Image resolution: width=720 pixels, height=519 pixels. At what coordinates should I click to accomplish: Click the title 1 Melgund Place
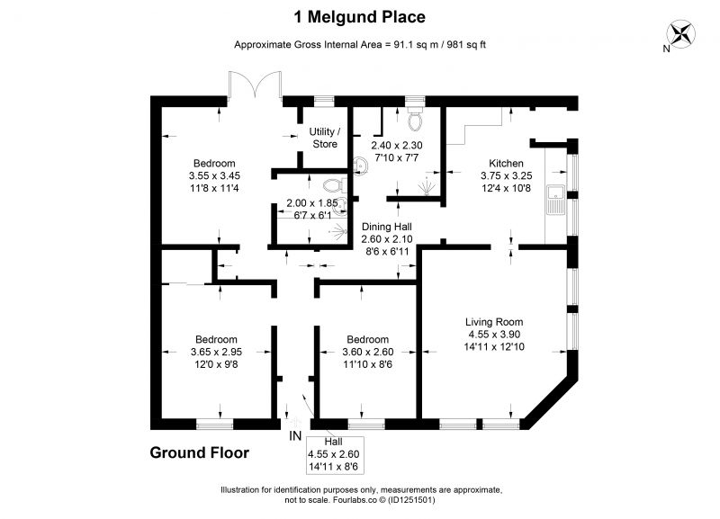359,17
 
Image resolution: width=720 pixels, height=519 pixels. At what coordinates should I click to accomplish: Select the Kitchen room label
506,164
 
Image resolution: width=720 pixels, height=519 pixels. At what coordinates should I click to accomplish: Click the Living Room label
494,322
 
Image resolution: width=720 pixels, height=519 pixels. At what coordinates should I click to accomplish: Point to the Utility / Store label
325,138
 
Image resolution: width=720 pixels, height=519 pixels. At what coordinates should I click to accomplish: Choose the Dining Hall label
387,227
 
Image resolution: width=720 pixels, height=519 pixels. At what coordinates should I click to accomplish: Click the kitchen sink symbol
556,200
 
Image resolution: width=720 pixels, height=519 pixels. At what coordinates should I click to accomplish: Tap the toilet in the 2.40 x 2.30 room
415,120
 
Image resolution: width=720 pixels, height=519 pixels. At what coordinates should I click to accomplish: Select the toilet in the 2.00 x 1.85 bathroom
335,186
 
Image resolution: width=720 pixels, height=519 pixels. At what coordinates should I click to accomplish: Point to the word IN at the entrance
295,436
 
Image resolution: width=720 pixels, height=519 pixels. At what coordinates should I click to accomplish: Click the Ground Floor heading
199,453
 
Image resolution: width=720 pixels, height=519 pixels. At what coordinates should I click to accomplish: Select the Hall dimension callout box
334,455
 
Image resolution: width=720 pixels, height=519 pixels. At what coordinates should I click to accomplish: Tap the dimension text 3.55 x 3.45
214,175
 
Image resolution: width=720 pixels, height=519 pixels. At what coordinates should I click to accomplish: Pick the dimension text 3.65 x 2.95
216,352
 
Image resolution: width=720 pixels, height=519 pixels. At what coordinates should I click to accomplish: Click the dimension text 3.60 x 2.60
368,352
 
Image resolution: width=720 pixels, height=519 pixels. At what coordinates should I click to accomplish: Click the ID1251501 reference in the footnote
411,500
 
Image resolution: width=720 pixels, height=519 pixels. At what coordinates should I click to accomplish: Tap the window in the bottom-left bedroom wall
214,424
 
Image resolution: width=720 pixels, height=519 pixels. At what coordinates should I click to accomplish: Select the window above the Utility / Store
324,101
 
